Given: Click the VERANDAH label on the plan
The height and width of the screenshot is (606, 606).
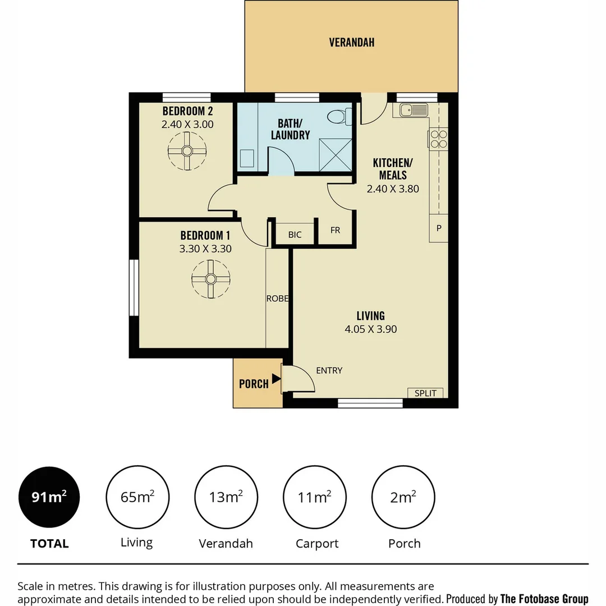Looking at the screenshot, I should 351,42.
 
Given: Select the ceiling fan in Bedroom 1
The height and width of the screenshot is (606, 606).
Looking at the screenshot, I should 210,279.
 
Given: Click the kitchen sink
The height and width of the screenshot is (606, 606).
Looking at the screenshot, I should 414,110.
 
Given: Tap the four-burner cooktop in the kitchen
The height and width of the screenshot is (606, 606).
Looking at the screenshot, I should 438,139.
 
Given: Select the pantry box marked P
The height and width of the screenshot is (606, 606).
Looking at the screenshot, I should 439,229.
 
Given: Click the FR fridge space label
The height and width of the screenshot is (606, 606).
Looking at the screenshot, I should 335,231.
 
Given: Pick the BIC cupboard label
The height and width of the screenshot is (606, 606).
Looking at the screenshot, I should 295,235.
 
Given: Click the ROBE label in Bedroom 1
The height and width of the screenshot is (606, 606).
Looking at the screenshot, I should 277,299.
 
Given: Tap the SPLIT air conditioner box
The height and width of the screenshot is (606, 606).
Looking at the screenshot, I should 425,393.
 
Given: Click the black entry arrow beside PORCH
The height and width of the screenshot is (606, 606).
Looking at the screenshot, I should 276,379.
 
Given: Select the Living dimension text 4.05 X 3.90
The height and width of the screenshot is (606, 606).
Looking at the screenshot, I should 370,329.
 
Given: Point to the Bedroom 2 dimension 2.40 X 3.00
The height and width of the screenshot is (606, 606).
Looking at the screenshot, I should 187,125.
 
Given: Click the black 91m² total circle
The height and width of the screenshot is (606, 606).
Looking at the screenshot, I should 49,497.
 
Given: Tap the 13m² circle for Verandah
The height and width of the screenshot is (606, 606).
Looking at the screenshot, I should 226,497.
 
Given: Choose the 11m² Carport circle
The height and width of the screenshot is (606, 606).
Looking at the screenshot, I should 315,497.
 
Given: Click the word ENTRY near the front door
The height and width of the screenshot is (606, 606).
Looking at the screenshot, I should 329,370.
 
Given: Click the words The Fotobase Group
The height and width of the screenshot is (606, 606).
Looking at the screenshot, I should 544,598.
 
